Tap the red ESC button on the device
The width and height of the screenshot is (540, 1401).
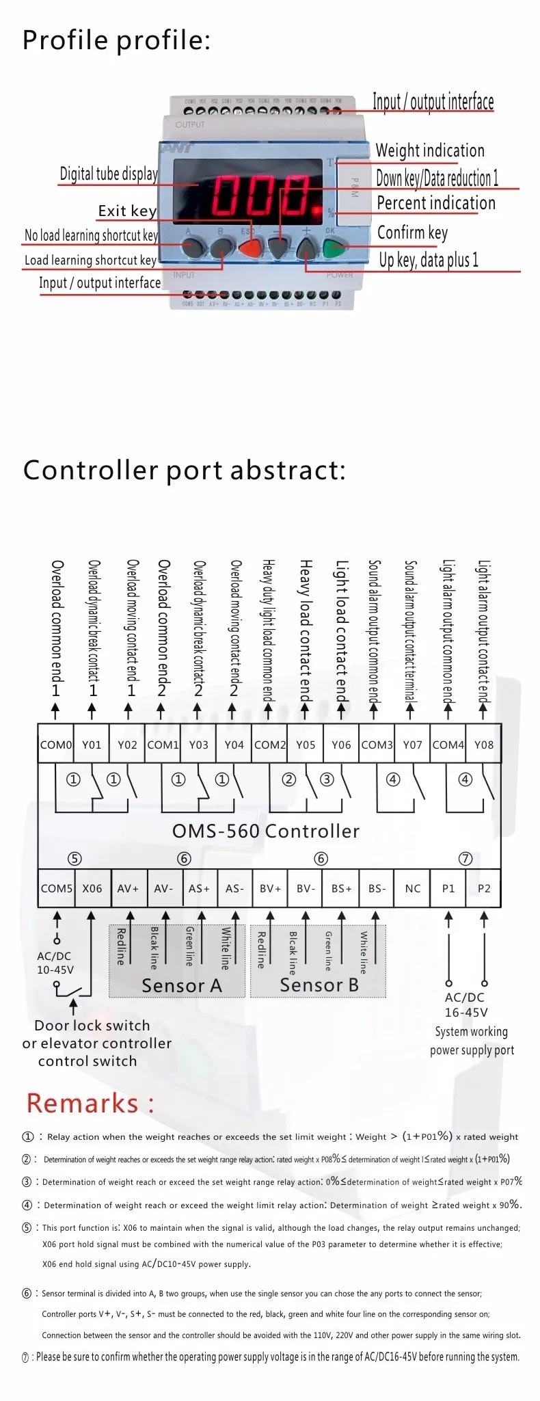[251, 248]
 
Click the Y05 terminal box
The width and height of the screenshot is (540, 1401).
[306, 745]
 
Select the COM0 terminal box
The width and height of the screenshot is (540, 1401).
[55, 745]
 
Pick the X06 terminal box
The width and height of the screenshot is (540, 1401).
[92, 888]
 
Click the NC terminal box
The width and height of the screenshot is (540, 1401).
[412, 888]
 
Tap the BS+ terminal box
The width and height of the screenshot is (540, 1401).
[341, 888]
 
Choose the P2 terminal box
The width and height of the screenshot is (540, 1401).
[484, 888]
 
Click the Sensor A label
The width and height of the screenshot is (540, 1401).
[181, 985]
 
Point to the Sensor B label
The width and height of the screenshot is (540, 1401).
[319, 985]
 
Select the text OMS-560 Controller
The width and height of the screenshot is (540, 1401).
[265, 831]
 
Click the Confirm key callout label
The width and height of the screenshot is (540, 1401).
[412, 232]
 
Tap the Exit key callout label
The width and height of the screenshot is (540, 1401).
[127, 211]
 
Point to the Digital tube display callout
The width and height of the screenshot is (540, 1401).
[109, 174]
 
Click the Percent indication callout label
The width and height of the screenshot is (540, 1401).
[435, 203]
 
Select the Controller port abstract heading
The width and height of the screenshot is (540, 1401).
[184, 470]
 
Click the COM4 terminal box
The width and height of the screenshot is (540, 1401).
[448, 745]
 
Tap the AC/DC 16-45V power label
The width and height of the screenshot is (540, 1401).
[465, 1004]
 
